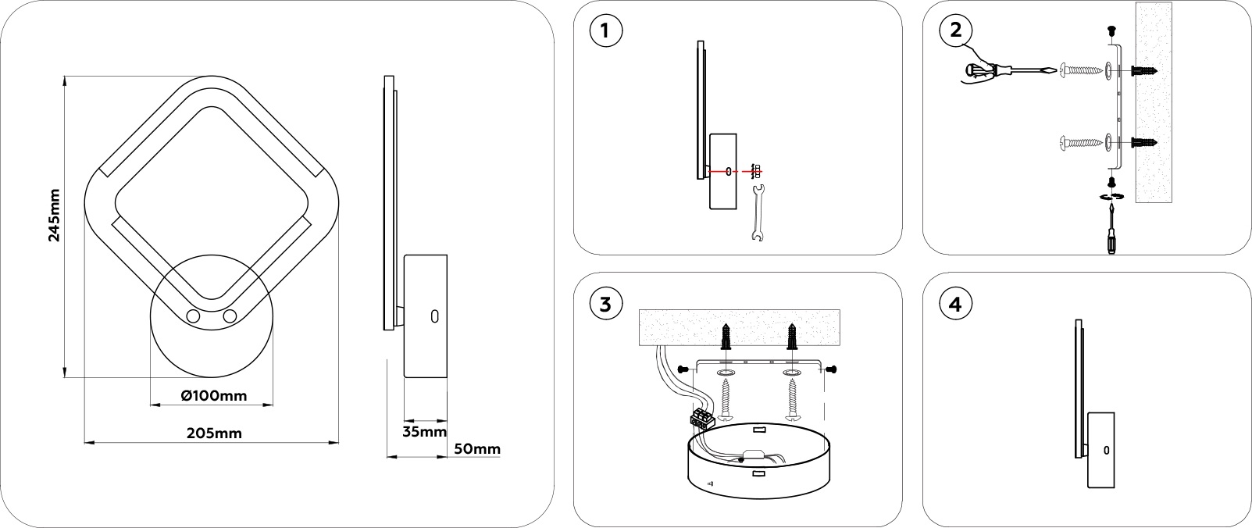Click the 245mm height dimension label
(x=54, y=215)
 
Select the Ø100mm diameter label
(x=213, y=396)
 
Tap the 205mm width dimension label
(x=214, y=433)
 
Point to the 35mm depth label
(x=425, y=431)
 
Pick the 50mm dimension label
(x=476, y=448)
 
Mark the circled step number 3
(x=607, y=304)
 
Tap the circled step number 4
(x=956, y=304)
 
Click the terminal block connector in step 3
(x=700, y=418)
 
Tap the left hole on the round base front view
(x=193, y=316)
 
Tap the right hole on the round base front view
(x=230, y=316)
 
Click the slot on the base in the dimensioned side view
(x=434, y=316)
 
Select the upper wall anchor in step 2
(x=1143, y=72)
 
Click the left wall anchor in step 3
(x=726, y=336)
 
